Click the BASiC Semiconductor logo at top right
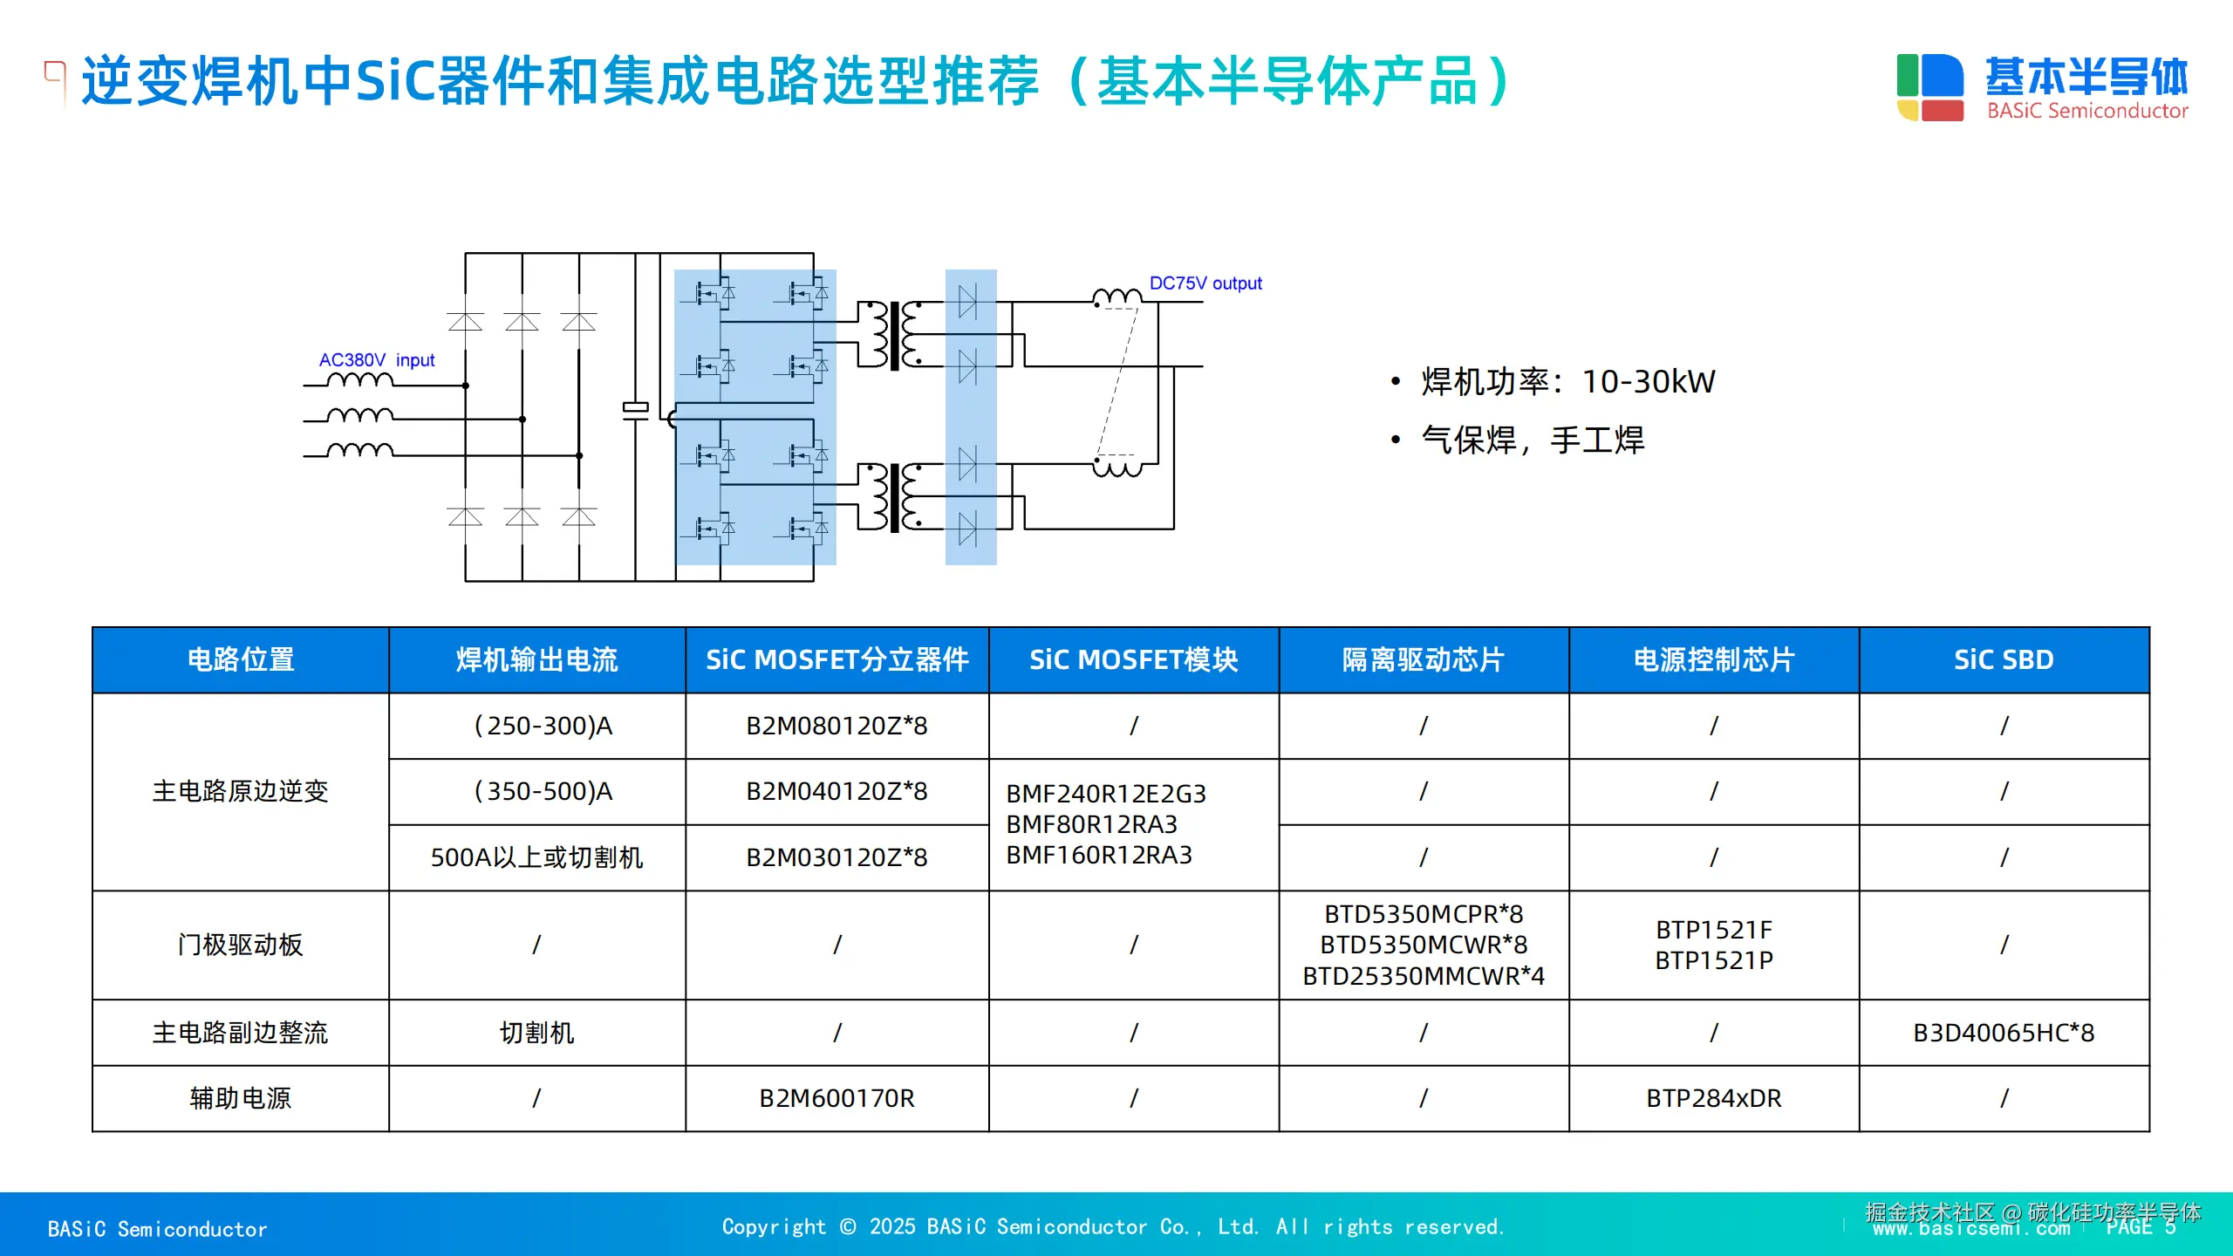coord(2041,87)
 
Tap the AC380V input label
coord(376,360)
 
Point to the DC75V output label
coord(1205,283)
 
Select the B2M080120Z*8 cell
coord(836,726)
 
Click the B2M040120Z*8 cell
coord(836,791)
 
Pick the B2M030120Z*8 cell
coord(836,857)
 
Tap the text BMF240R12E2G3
coord(1105,794)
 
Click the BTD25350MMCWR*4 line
coord(1423,976)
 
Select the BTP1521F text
coord(1713,930)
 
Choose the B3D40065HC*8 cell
coord(2003,1033)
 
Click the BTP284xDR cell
coord(1713,1098)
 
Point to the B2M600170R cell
coord(836,1098)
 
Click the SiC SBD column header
coord(2003,659)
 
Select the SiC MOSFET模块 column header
coord(1133,659)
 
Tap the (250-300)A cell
coord(543,726)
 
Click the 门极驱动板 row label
coord(240,945)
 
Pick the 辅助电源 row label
coord(240,1098)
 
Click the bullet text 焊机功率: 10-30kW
coord(1567,381)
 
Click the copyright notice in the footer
coord(1113,1227)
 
